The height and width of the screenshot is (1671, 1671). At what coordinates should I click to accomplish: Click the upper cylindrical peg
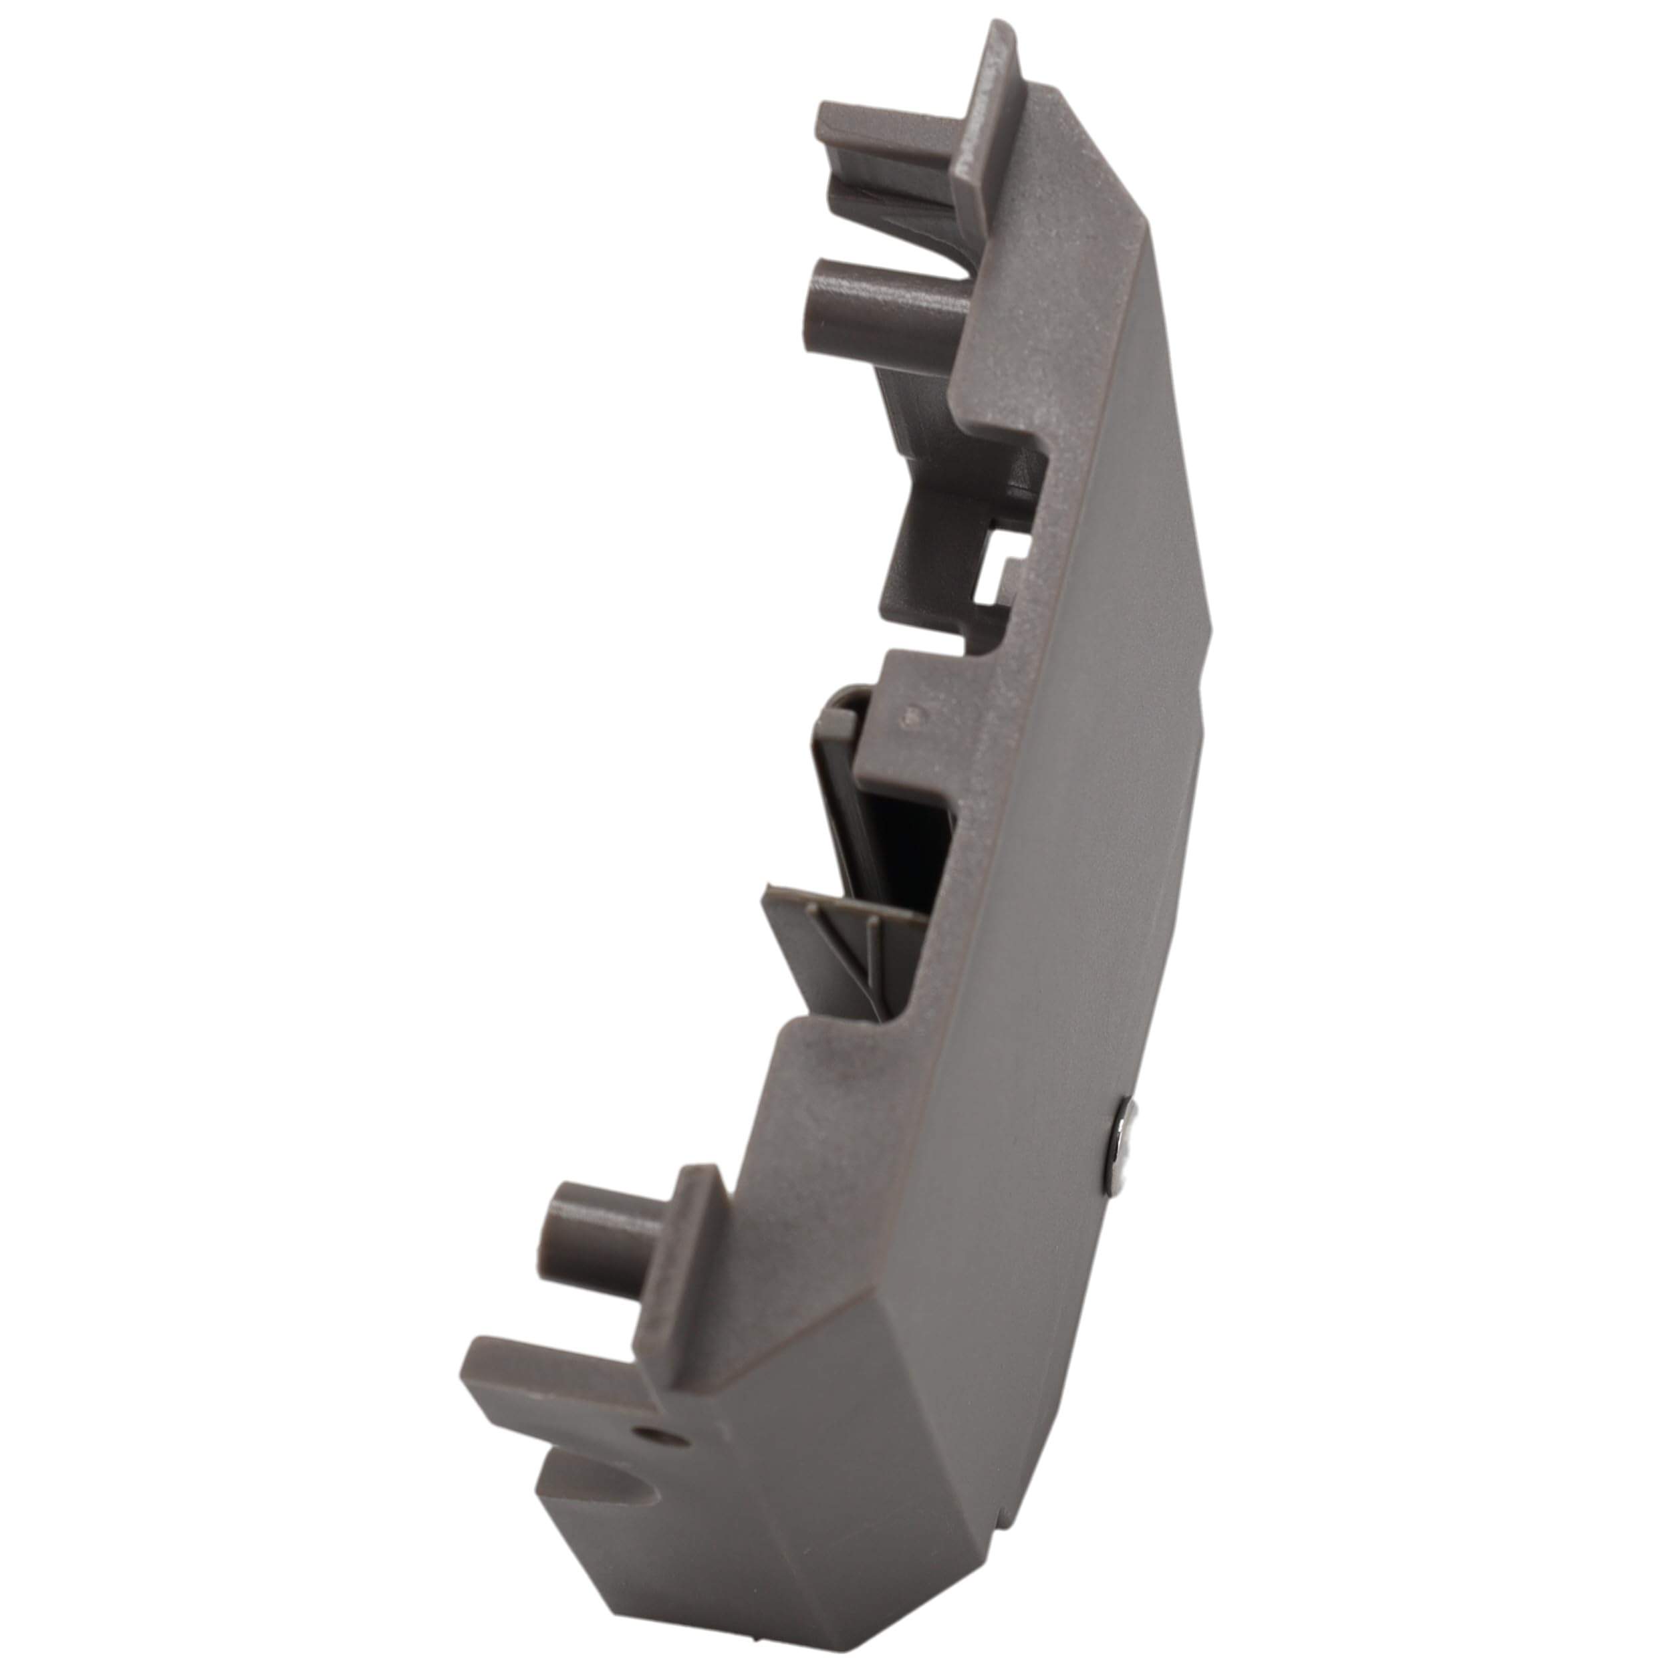tap(891, 304)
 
